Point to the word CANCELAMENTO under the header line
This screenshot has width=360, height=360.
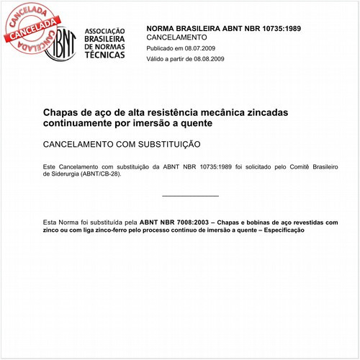(176, 37)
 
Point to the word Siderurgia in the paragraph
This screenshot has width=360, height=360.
(61, 174)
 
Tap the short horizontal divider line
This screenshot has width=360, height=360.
(190, 196)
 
